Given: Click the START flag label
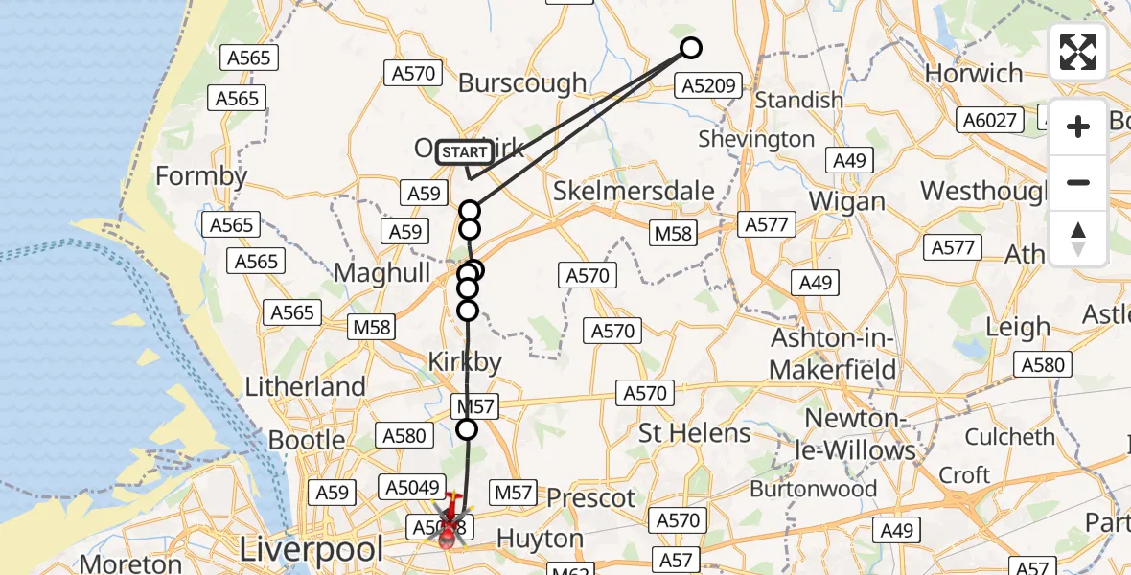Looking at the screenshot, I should pos(466,152).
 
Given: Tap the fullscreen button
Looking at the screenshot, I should pos(1078,52).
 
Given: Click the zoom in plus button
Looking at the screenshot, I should pos(1078,126).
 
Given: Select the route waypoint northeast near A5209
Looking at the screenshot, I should pos(690,48).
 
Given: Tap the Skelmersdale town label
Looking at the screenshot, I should pos(634,191).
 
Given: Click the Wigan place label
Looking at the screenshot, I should pos(847,201).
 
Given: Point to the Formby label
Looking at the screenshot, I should pos(201,176).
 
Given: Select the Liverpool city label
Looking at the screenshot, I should pos(312,550).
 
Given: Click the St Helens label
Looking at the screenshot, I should pos(695,433).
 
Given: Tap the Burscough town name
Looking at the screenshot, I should pos(522,82).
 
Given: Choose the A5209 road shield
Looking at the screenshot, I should pos(709,86).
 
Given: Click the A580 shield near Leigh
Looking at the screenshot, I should pos(1043,364).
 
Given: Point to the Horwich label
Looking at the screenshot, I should pos(974,74).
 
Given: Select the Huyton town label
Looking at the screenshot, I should pos(542,538).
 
